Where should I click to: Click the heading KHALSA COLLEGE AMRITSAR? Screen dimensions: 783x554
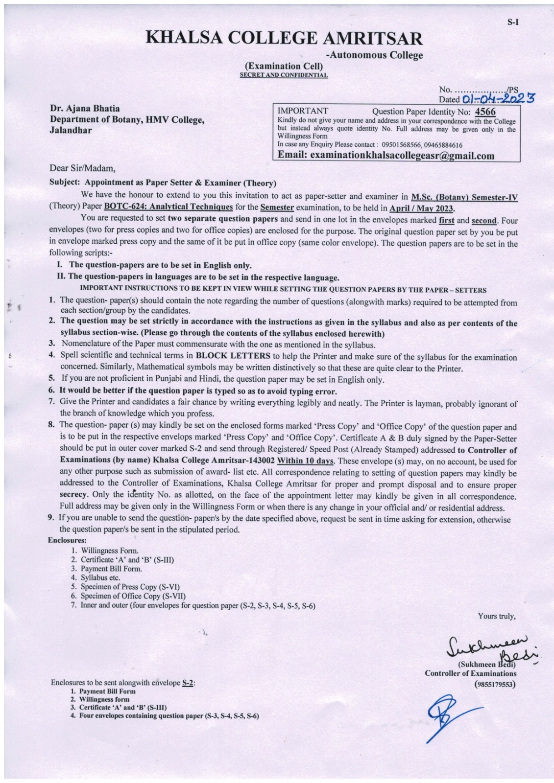tap(284, 39)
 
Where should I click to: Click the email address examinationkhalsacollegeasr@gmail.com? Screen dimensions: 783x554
tap(386, 155)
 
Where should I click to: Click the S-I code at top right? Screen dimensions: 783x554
tap(512, 22)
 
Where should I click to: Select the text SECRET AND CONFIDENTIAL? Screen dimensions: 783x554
tap(284, 75)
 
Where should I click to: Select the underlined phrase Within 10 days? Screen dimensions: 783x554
tap(306, 461)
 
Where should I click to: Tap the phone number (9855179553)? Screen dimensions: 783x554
tap(495, 684)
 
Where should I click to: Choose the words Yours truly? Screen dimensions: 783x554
tap(496, 616)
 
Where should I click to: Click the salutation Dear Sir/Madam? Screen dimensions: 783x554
tap(83, 169)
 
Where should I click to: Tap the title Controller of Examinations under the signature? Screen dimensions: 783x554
tap(470, 673)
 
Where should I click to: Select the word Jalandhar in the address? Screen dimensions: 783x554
tap(71, 130)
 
